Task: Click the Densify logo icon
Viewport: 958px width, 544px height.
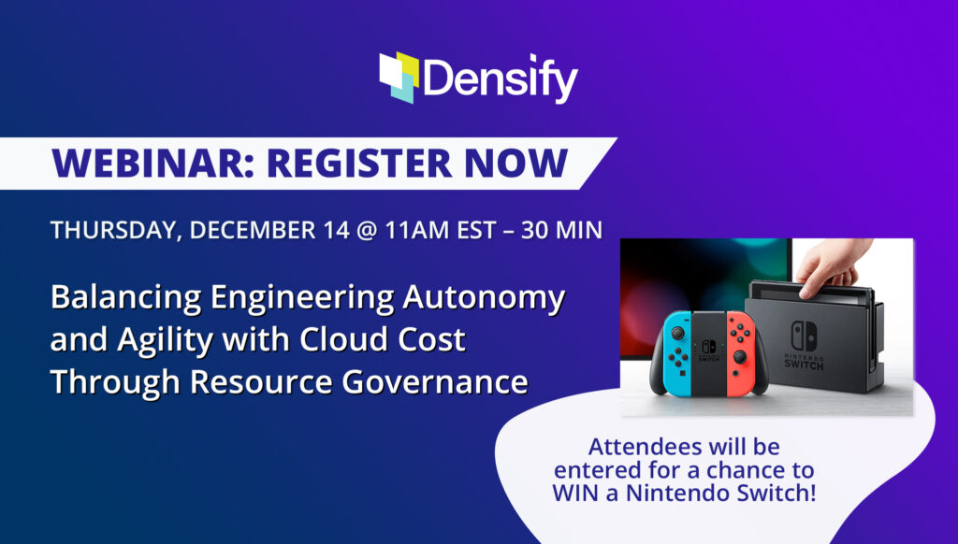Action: (x=399, y=78)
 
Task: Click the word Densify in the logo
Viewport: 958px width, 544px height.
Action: (x=501, y=79)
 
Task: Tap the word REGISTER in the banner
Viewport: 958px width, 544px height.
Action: (x=360, y=163)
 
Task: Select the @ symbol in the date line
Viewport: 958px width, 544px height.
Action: (x=366, y=231)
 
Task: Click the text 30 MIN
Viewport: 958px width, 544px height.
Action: (x=561, y=230)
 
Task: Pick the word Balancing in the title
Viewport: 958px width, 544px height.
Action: (x=126, y=299)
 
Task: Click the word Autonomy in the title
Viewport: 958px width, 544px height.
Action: (x=484, y=299)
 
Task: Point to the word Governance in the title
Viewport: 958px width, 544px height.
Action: (x=434, y=383)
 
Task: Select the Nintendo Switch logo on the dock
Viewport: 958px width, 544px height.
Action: (x=804, y=346)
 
